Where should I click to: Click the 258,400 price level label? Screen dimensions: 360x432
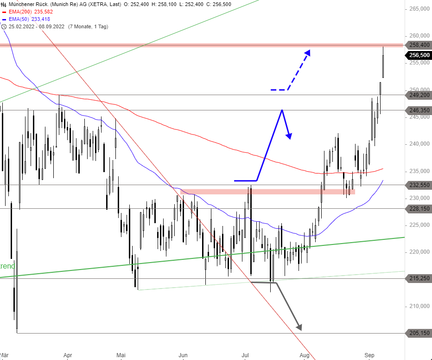coord(419,45)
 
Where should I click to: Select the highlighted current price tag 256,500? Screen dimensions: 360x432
coord(419,55)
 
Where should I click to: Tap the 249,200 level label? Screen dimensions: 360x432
coord(419,95)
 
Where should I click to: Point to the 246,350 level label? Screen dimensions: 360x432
coord(419,110)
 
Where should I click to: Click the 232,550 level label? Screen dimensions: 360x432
coord(419,185)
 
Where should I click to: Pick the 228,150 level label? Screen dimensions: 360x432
coord(419,208)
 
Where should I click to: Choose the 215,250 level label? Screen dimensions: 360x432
coord(419,278)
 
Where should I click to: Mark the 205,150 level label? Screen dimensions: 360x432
coord(419,333)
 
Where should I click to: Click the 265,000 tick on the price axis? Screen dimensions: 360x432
coord(419,9)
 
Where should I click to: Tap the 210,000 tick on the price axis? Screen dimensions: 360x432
coord(419,306)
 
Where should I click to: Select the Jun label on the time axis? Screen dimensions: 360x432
coord(183,355)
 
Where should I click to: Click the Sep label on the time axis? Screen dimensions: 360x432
coord(369,355)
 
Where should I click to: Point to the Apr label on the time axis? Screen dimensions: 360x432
coord(68,355)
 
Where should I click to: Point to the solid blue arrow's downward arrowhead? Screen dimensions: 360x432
coord(289,135)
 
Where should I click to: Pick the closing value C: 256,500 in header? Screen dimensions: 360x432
coord(222,4)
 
